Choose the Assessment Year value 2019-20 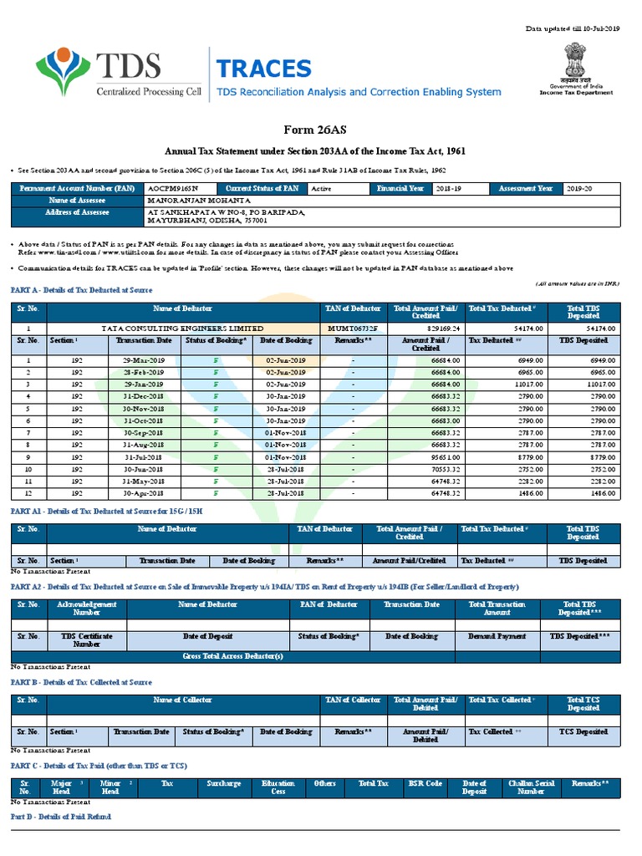pos(578,189)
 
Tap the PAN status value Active pos(321,189)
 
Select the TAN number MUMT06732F pos(355,329)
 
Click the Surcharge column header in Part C pos(224,784)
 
